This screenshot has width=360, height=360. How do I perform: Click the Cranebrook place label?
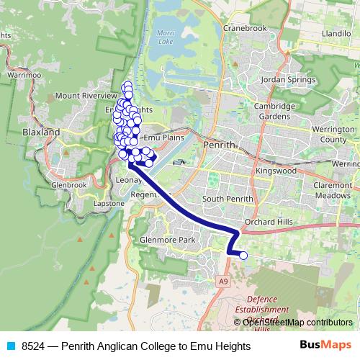pos(245,28)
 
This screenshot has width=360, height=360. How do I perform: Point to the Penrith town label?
pos(220,144)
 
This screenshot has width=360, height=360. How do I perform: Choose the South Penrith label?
pos(228,199)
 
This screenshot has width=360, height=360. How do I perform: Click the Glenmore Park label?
pos(168,240)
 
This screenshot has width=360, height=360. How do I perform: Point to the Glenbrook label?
pos(68,184)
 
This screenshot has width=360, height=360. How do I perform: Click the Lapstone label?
pos(108,204)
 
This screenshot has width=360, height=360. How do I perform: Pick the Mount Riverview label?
pos(86,95)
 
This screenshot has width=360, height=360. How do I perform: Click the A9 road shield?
pos(223,280)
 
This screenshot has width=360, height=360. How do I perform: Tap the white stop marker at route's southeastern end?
pos(243,255)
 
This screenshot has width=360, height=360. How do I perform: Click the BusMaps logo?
pos(325,346)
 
